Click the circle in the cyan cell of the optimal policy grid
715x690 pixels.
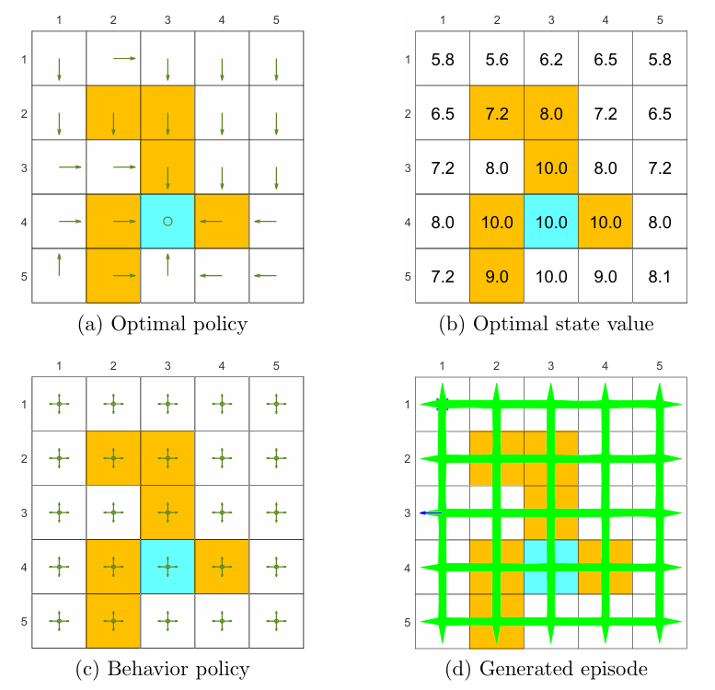point(167,221)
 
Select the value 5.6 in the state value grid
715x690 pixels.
point(496,60)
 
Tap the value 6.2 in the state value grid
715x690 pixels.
point(550,60)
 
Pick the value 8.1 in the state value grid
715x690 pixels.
point(659,275)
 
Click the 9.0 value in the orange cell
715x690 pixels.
point(496,275)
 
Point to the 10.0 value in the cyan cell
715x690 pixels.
point(550,221)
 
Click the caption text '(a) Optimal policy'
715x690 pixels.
point(167,324)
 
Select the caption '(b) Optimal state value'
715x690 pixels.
point(549,324)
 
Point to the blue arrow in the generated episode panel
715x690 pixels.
point(427,512)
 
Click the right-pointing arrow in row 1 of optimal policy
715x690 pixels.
point(124,58)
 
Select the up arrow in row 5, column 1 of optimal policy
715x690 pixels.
point(59,265)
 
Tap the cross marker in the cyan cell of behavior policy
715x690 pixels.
point(167,567)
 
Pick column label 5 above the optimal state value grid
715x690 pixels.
point(659,20)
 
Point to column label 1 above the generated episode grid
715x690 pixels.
point(442,366)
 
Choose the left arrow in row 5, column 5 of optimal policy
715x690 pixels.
point(265,275)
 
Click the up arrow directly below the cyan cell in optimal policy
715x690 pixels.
point(167,265)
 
